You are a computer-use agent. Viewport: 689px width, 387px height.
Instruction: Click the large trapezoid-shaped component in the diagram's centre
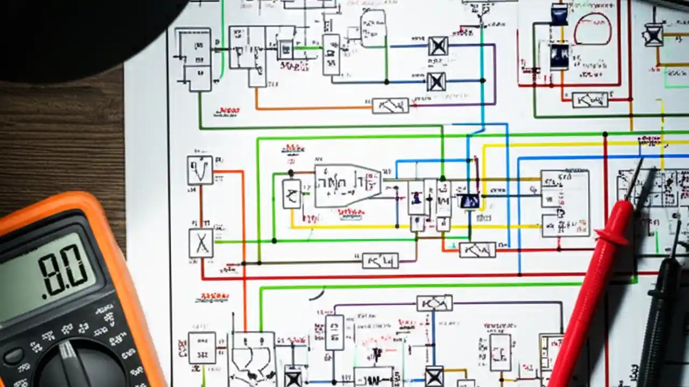pos(347,185)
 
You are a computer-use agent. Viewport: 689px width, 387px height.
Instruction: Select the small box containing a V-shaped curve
pos(200,170)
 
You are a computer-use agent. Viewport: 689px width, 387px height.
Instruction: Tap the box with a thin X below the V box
pos(201,243)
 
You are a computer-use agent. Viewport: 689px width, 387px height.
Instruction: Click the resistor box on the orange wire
pos(390,105)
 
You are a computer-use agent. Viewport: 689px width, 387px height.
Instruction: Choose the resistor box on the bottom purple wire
pos(434,303)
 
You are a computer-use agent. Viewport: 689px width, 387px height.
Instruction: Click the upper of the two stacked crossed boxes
pos(438,46)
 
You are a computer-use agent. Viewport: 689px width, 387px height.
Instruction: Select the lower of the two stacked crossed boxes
pos(436,82)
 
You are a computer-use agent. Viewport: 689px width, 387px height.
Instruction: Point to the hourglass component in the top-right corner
pos(653,35)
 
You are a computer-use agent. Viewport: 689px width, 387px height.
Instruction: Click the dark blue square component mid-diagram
pos(469,201)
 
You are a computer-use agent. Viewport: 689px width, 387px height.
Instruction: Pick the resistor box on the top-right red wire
pos(590,99)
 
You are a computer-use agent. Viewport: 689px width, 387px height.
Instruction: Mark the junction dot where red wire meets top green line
pos(606,134)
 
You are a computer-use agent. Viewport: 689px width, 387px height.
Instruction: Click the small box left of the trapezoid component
pos(292,193)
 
